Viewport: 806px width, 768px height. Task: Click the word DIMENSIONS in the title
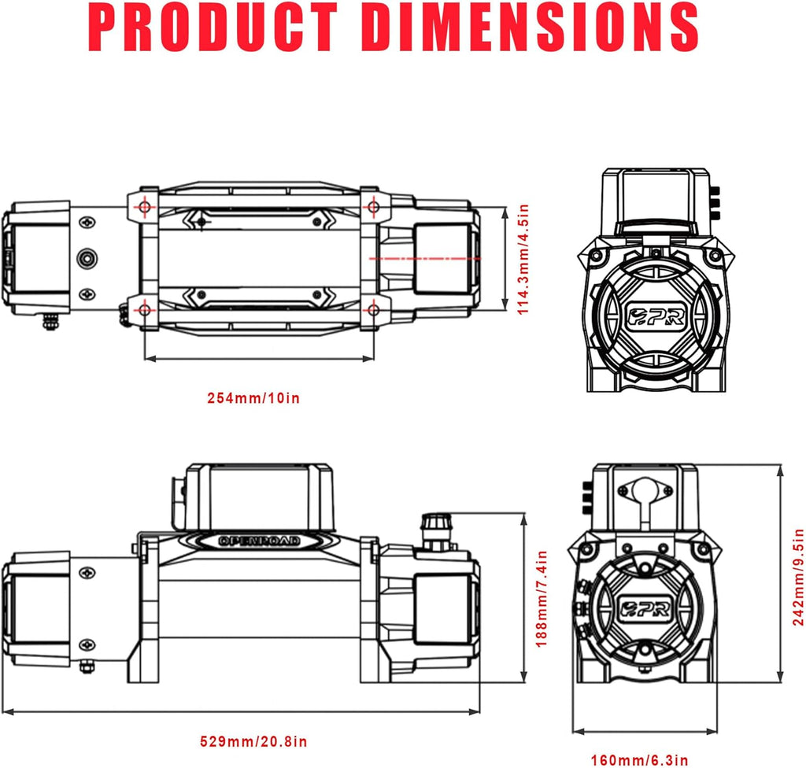(x=534, y=29)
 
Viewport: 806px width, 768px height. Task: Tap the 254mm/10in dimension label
(x=253, y=397)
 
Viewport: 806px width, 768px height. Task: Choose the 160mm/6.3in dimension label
(x=640, y=759)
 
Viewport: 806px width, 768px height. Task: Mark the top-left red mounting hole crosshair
(x=145, y=206)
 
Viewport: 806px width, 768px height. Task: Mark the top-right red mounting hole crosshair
(x=372, y=206)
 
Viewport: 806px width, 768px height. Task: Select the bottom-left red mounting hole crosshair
(x=145, y=309)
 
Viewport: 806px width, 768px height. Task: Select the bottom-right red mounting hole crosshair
(x=372, y=309)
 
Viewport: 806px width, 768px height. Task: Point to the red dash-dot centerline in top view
(x=425, y=258)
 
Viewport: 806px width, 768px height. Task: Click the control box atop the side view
(x=259, y=496)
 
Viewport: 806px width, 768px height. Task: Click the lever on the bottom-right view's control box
(x=647, y=500)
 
